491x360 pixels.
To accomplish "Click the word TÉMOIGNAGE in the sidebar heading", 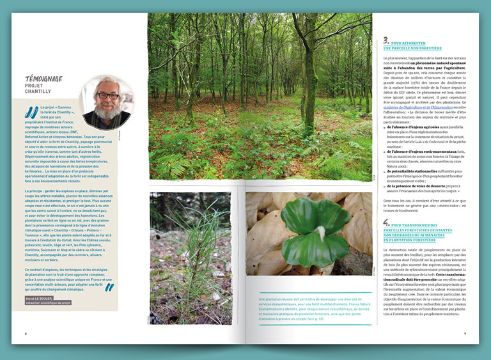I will click(43, 79).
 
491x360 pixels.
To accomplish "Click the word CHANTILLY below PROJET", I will click(38, 91).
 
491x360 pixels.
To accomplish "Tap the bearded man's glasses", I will click(105, 96).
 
